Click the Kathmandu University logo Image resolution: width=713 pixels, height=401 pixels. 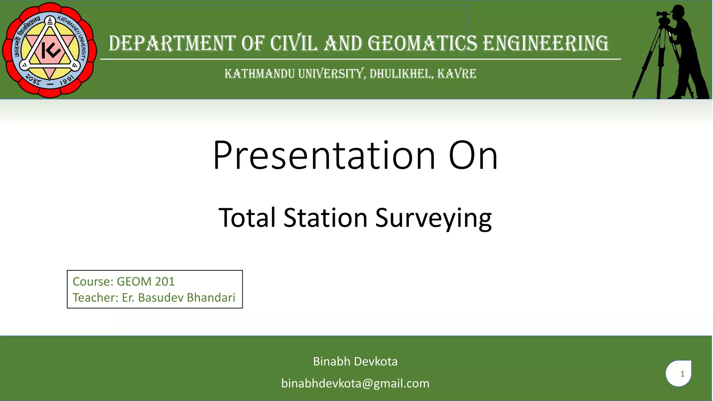tap(50, 50)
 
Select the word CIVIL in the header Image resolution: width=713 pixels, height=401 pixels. tap(294, 44)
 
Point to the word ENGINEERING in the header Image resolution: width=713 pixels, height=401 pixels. tap(546, 44)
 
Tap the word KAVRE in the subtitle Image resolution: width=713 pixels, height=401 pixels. tap(456, 74)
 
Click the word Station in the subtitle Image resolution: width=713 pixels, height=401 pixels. tap(325, 218)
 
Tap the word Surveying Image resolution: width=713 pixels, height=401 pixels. tap(433, 218)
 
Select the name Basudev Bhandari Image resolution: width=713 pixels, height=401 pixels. tap(187, 298)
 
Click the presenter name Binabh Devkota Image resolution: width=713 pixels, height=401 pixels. tap(355, 361)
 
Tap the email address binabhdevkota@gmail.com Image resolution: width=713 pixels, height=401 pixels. tap(355, 383)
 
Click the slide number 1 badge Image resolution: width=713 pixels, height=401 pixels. tap(679, 374)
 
